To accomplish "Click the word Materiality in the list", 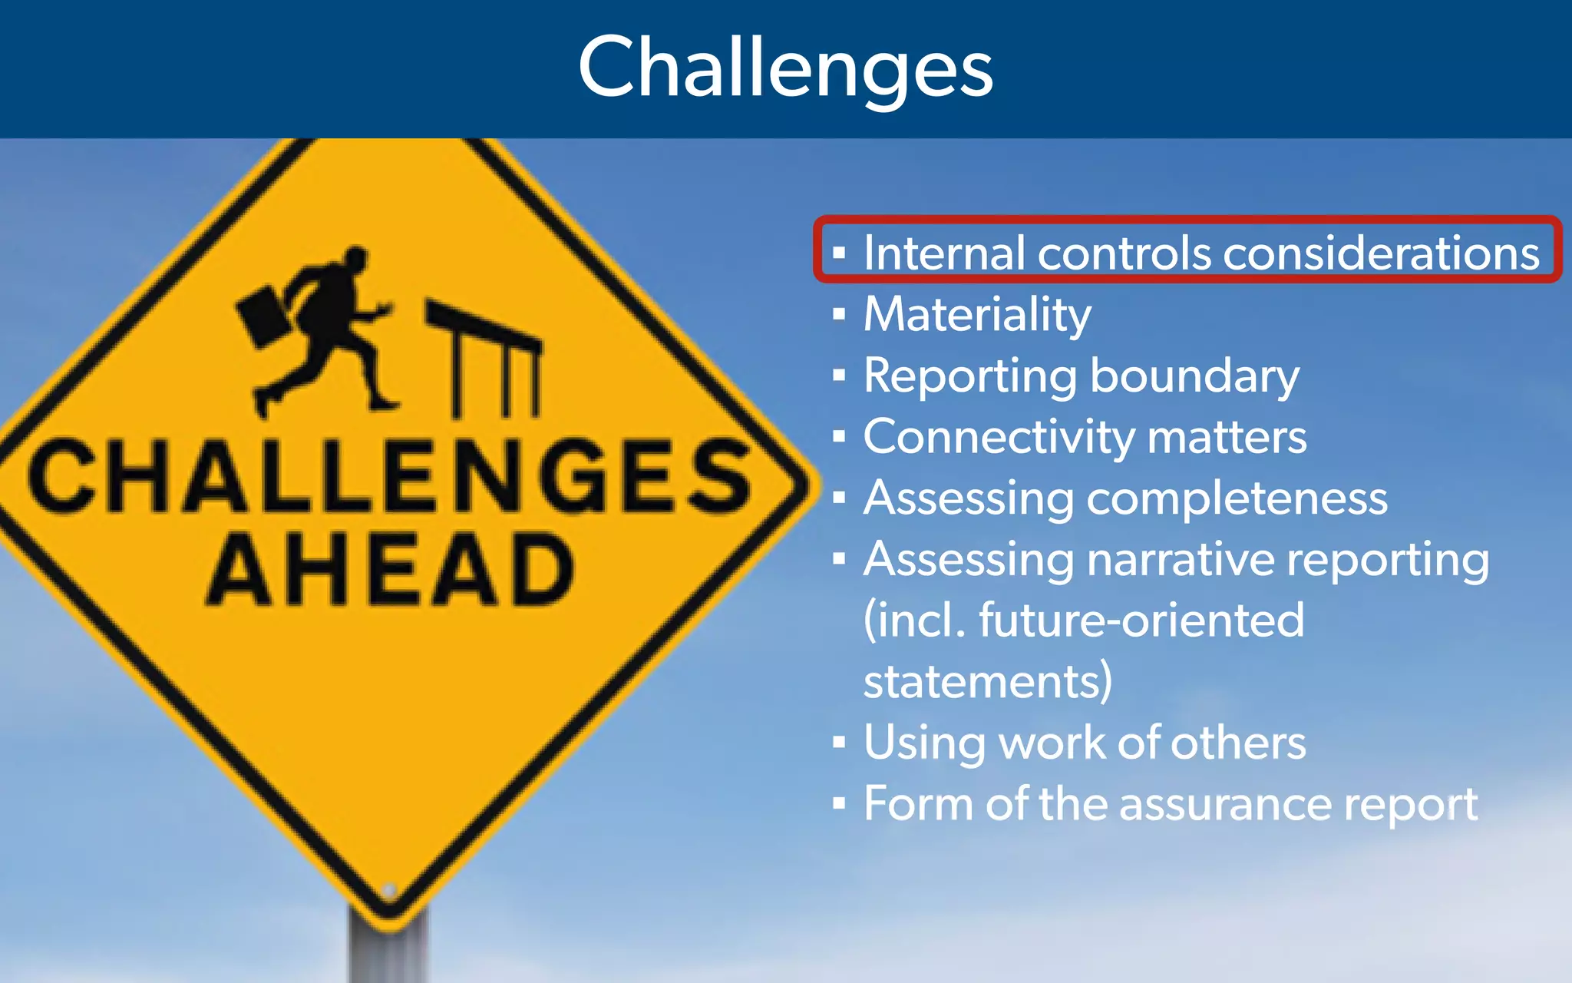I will [976, 315].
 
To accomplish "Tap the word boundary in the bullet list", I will [1194, 376].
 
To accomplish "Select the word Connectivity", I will [998, 438].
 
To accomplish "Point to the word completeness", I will [1237, 499].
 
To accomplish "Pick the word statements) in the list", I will [987, 682].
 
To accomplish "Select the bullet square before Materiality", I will [839, 314].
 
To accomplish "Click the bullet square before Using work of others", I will [839, 743].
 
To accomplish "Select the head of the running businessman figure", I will [355, 260].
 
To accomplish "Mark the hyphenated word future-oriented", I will [1141, 621].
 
